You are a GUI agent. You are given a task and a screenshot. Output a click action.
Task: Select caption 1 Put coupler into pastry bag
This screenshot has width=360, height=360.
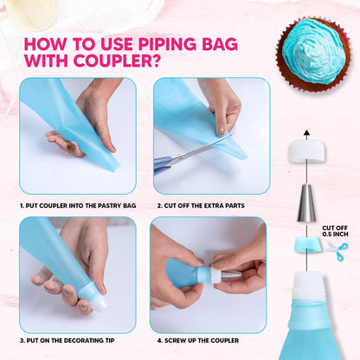point(77,206)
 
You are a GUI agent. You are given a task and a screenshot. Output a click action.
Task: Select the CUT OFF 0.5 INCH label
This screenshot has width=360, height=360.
point(335,229)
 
